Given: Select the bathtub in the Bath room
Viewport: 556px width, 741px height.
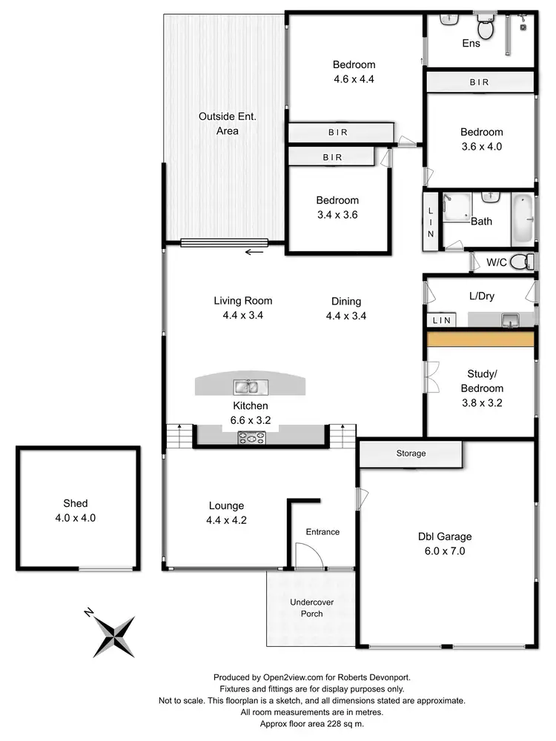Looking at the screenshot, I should point(521,219).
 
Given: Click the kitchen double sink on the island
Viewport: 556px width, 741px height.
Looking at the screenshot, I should point(246,386).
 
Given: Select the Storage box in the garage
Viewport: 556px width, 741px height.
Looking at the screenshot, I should point(411,453).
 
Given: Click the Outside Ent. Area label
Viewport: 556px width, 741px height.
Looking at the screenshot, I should point(228,123).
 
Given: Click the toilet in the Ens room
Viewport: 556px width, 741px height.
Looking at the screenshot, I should point(486,28).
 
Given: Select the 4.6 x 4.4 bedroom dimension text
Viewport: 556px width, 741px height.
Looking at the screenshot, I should point(354,78).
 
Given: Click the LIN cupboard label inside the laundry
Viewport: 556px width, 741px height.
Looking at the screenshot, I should point(442,321).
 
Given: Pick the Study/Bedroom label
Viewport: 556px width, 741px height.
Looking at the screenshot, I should point(486,381).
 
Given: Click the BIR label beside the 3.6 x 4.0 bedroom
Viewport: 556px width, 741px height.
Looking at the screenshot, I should point(479,82).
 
